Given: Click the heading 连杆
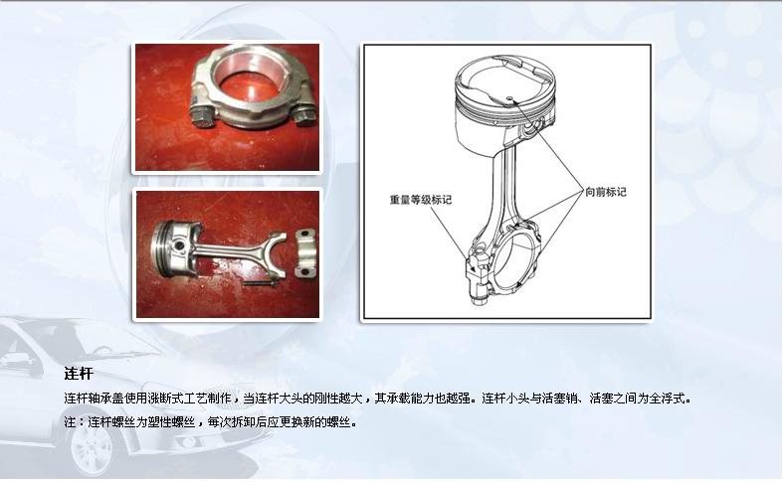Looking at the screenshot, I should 78,375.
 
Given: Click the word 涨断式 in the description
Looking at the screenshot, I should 176,399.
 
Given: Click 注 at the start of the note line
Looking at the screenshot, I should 68,421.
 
